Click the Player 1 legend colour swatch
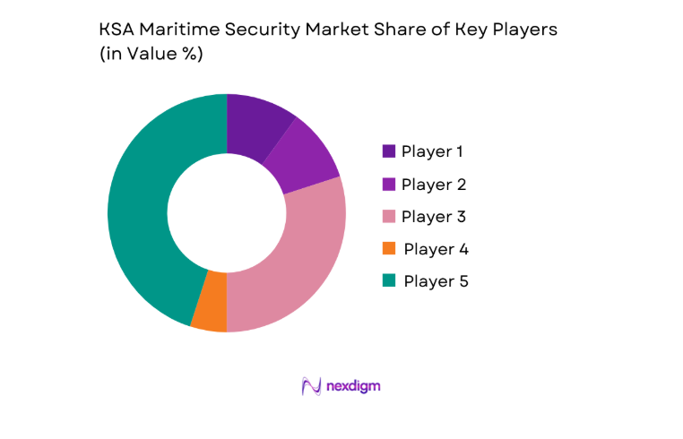point(389,151)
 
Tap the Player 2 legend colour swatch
point(389,184)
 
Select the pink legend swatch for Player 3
point(389,216)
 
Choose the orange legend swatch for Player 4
point(389,248)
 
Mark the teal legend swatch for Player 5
point(389,280)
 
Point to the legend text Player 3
point(434,216)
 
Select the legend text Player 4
point(436,248)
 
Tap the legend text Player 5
point(436,280)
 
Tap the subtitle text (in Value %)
point(151,55)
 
